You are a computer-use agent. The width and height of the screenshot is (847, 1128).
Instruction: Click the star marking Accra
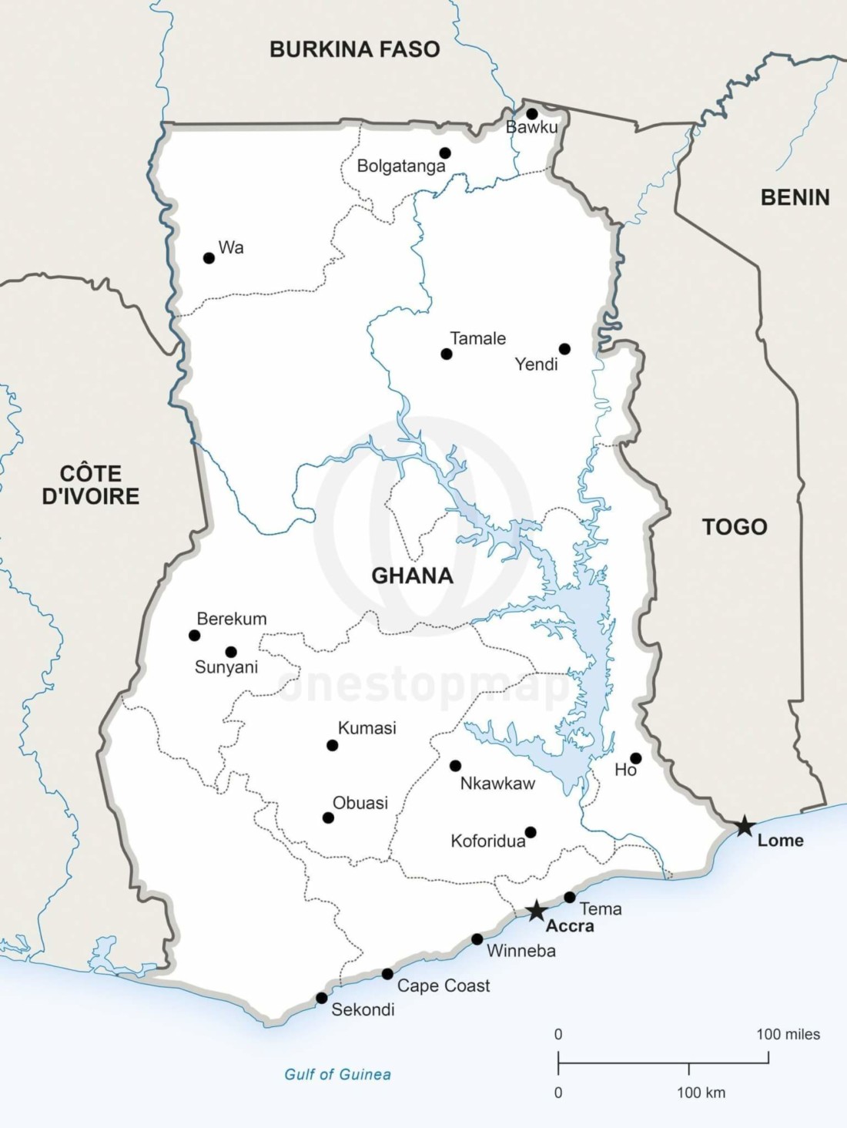[536, 911]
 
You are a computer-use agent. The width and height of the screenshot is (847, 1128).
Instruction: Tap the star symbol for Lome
[744, 826]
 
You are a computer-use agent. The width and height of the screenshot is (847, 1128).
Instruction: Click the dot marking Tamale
[447, 354]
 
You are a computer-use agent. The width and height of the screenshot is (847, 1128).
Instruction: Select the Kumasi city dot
[332, 745]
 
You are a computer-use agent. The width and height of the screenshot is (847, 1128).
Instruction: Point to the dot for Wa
[209, 258]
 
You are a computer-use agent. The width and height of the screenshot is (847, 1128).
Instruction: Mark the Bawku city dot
[531, 114]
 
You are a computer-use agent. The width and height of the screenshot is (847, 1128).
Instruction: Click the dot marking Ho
[636, 758]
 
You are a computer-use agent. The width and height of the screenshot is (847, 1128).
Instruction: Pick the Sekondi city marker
[322, 998]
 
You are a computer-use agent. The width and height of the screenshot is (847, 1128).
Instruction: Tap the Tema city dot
[570, 897]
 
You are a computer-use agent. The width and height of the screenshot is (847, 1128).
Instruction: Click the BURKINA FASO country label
[354, 49]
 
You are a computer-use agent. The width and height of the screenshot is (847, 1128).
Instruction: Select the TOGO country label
[735, 527]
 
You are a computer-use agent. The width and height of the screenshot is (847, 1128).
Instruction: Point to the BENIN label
[795, 198]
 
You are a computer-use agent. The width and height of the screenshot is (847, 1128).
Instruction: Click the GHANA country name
[412, 576]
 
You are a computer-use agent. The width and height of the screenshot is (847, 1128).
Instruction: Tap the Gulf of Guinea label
[337, 1074]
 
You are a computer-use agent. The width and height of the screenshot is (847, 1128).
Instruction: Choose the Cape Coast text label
[444, 985]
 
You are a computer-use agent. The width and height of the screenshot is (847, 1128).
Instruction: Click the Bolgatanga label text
[400, 166]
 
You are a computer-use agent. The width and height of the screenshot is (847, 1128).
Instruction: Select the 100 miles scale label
[788, 1034]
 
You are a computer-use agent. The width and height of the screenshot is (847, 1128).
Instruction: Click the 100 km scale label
[701, 1093]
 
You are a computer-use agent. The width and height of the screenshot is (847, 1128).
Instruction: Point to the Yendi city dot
[564, 349]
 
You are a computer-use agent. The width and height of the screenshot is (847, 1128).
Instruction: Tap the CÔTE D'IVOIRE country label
[91, 485]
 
